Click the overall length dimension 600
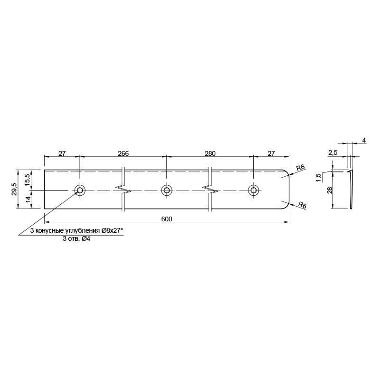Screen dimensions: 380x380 point(167,219)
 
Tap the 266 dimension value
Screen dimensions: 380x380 point(123,153)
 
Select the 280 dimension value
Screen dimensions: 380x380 point(210,153)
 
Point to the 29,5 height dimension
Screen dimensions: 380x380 point(14,189)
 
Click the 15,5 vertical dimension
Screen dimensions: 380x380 point(28,180)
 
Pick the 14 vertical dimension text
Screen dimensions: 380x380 point(28,199)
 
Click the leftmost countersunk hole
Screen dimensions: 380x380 point(80,190)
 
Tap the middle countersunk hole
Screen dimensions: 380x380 point(167,190)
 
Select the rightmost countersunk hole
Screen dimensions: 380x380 point(253,190)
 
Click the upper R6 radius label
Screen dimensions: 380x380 point(301,167)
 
